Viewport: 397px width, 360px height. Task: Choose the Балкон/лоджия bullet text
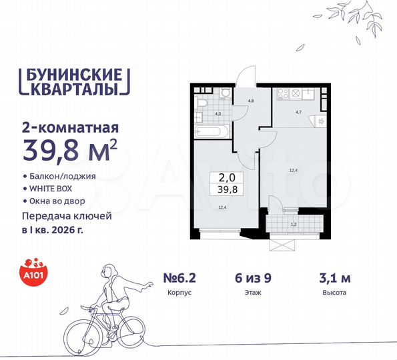(63, 177)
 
